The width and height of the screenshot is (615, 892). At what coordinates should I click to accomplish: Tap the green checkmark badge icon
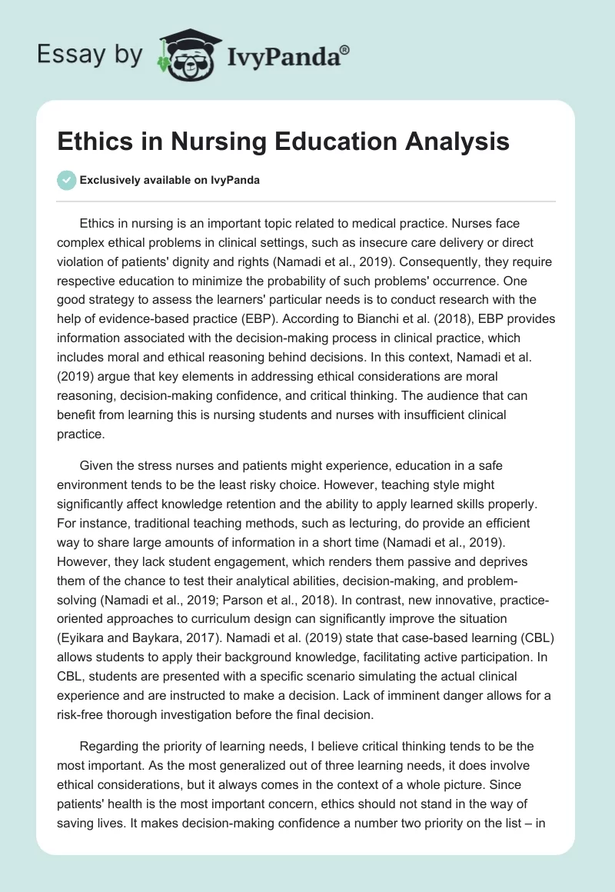(x=66, y=180)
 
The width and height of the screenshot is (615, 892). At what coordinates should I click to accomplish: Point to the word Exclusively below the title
(x=109, y=180)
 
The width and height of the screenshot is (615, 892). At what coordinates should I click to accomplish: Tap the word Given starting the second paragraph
(x=96, y=465)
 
